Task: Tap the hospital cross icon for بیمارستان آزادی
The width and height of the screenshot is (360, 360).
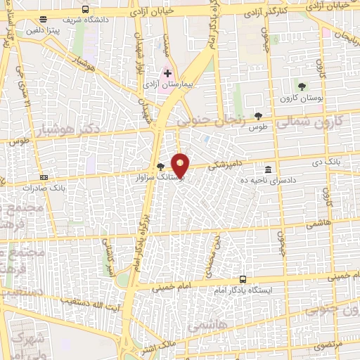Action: tap(167, 72)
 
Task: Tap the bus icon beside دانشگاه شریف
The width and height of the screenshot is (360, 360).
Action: tap(85, 10)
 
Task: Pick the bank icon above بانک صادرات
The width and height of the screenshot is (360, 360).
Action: tap(44, 177)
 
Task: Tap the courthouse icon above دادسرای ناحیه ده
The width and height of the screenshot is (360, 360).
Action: tap(268, 169)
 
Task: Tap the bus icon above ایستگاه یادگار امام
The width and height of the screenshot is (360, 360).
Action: tap(243, 278)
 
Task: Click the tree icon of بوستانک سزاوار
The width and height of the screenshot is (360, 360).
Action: tap(161, 167)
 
